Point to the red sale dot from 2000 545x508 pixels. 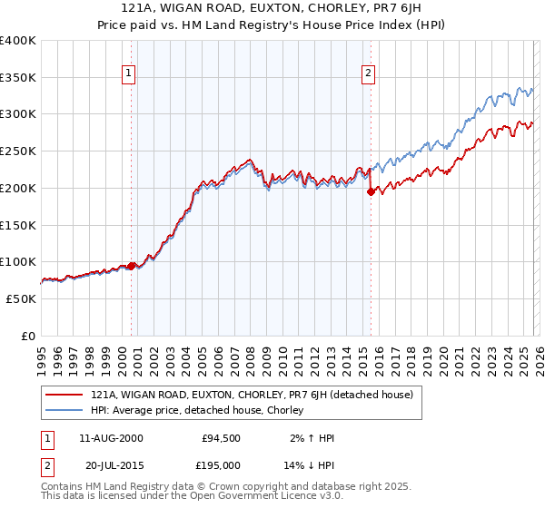click(131, 266)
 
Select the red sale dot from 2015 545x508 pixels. click(371, 191)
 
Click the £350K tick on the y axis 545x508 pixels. click(18, 78)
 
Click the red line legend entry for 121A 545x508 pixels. click(253, 395)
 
